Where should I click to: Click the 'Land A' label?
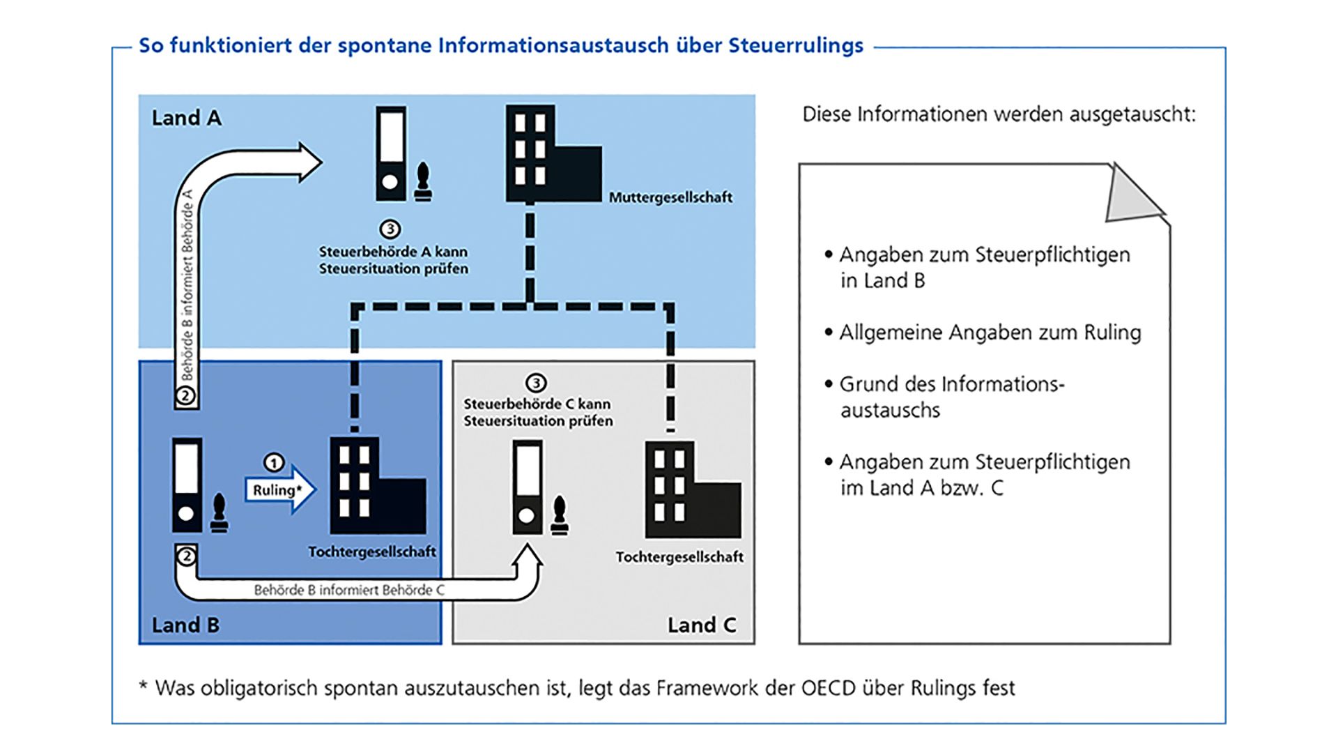186,118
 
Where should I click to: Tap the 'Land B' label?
185,625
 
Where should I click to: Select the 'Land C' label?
701,625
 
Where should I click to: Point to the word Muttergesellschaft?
670,197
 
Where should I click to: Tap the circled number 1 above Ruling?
274,463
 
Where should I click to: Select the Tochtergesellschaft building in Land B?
376,486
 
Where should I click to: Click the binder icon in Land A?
391,154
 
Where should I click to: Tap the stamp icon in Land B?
220,514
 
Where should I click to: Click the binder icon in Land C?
528,488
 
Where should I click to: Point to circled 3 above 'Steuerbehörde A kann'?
390,229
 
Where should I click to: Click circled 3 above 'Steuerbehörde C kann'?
535,383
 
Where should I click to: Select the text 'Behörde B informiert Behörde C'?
349,590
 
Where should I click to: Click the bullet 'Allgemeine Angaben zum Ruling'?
990,333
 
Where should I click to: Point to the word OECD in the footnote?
828,688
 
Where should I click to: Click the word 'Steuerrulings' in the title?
796,45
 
